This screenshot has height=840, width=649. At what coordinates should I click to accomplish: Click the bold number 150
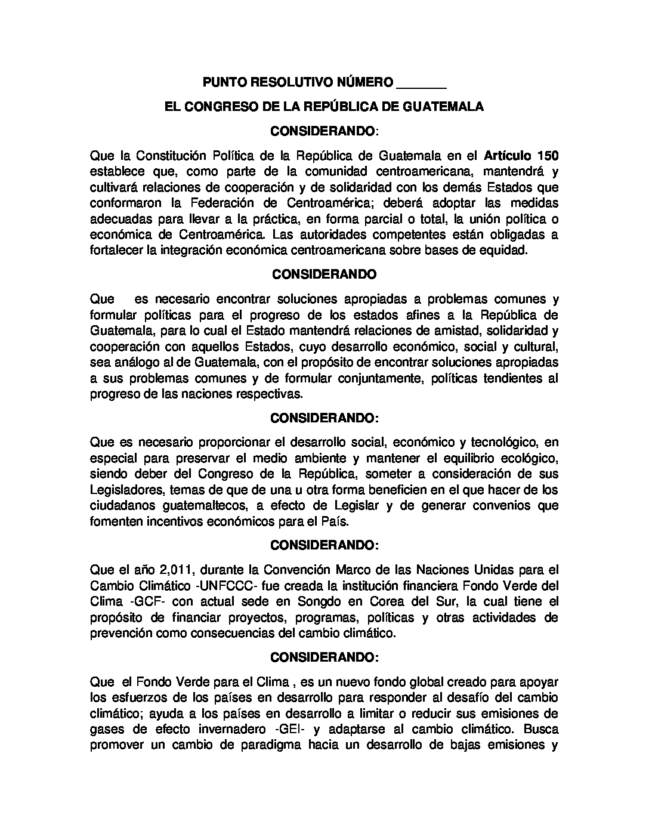548,156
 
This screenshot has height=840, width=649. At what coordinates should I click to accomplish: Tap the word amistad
443,330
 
